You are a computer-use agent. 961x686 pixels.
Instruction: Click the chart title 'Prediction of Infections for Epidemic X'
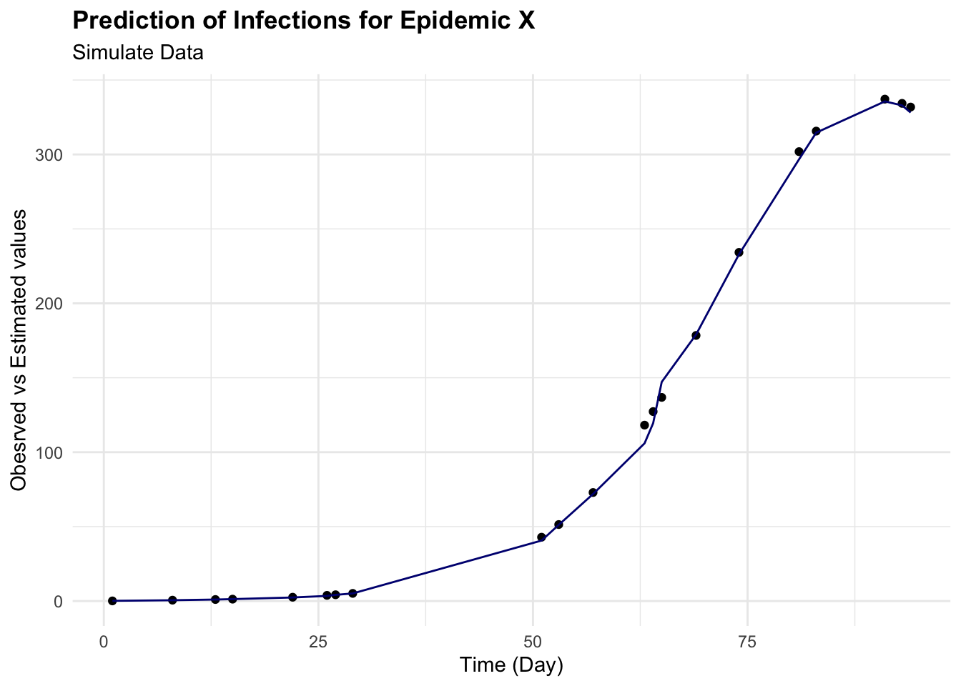pos(304,21)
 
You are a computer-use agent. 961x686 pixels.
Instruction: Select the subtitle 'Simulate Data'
pos(138,53)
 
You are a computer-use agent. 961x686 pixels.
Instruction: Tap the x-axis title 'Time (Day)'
pos(511,665)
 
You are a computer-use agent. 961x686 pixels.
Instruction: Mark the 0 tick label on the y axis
pos(58,602)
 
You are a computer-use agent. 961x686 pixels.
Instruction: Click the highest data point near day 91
pos(884,99)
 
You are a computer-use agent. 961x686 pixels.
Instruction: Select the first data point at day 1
pos(112,601)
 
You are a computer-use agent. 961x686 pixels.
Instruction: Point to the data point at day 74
pos(739,252)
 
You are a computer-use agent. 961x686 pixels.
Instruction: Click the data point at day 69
pos(696,335)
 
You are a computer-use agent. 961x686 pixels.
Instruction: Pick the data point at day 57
pos(593,492)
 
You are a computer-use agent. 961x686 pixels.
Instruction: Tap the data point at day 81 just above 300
pos(799,151)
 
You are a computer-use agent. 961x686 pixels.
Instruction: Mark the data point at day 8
pos(172,600)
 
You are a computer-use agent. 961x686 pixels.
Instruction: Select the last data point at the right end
pos(910,107)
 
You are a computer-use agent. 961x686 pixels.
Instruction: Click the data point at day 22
pos(292,597)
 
